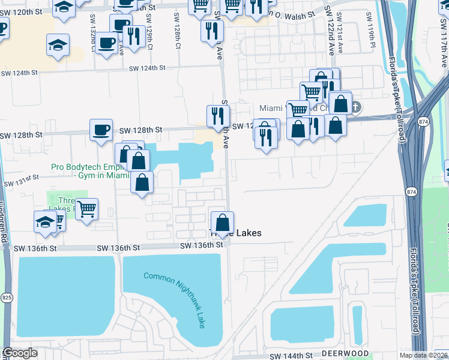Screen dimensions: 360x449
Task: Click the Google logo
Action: (x=20, y=353)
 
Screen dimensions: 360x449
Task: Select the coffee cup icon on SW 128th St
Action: (x=101, y=130)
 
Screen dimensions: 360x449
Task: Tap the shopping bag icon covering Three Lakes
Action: (x=222, y=223)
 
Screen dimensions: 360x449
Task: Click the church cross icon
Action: (x=355, y=107)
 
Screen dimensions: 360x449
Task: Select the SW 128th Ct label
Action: (x=178, y=38)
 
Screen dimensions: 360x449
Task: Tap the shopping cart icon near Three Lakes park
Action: (x=87, y=209)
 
